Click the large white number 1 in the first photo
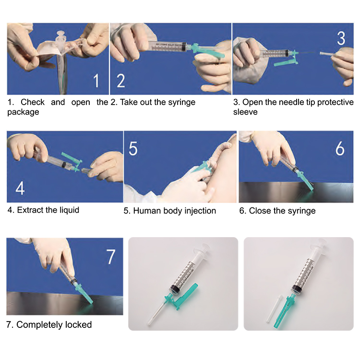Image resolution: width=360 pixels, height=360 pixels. [x=96, y=81]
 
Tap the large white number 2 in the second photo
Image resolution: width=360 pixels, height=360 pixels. [x=121, y=81]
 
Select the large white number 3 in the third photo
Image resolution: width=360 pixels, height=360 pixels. [x=341, y=38]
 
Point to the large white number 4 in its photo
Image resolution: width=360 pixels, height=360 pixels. [x=20, y=188]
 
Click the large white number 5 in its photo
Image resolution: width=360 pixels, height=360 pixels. [x=133, y=148]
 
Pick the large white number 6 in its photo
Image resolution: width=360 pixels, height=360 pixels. [x=340, y=148]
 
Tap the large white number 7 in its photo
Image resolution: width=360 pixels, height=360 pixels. [x=111, y=257]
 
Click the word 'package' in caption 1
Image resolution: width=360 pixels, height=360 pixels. [x=23, y=112]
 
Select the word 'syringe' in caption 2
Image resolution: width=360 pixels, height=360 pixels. [x=181, y=102]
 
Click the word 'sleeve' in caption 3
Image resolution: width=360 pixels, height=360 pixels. [x=245, y=112]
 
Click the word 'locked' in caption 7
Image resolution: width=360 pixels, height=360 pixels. [x=78, y=324]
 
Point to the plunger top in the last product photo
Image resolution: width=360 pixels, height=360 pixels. [x=319, y=244]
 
